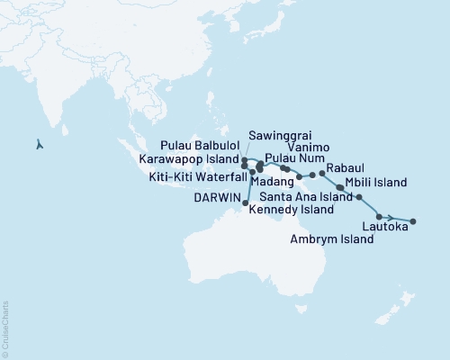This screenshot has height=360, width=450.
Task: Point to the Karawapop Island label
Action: click(189, 157)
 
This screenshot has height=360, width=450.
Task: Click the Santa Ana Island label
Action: click(306, 196)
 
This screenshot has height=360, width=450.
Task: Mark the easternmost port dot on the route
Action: click(413, 220)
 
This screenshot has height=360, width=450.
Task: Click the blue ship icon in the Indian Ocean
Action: click(38, 142)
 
